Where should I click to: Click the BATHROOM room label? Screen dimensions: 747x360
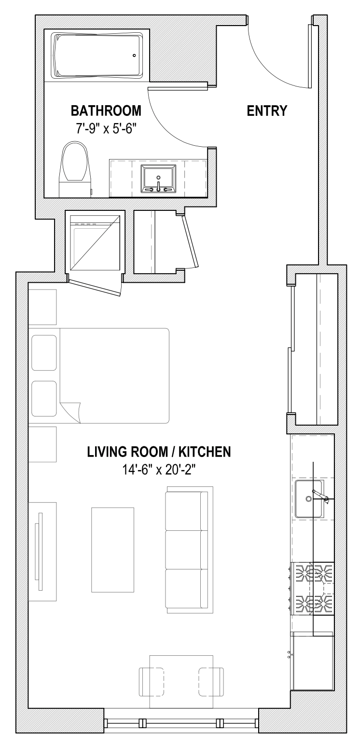106,111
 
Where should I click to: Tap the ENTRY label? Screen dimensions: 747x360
267,111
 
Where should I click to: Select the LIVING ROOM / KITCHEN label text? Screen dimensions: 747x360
159,452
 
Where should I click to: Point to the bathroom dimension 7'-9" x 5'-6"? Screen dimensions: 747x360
106,129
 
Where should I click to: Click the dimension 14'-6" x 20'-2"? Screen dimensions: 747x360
159,470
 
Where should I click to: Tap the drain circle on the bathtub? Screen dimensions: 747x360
135,55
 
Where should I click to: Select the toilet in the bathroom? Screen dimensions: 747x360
75,166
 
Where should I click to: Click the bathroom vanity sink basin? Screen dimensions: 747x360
158,177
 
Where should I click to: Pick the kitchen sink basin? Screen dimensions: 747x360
308,499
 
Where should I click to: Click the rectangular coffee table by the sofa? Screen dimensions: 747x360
113,549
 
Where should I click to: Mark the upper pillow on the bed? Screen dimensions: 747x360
44,353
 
